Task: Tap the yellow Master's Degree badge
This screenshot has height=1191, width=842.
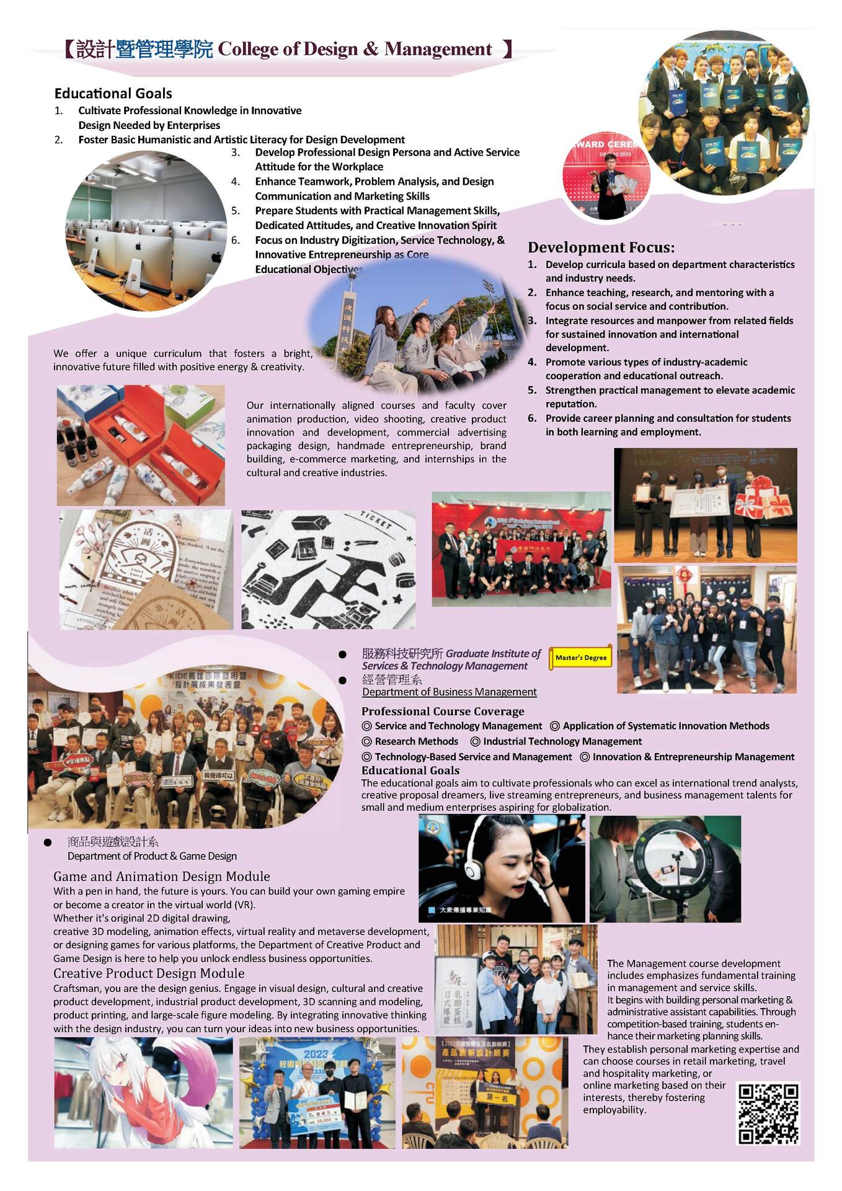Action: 580,658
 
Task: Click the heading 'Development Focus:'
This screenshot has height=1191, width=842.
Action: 601,248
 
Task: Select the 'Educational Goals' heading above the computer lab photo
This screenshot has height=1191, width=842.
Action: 113,94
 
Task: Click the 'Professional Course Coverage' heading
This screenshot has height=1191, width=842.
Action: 443,711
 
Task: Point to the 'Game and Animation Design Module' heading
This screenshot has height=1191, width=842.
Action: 161,876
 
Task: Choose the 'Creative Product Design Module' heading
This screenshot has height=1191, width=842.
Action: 149,973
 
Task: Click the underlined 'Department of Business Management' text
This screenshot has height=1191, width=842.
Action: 449,692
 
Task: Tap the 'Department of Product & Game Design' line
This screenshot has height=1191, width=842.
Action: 152,856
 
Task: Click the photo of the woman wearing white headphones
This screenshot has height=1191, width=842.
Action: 501,868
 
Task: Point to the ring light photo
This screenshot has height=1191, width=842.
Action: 665,868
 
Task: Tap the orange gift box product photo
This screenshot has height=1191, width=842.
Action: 141,445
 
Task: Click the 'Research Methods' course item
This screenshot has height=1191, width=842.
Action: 416,741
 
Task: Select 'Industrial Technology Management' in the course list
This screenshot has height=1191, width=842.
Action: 562,741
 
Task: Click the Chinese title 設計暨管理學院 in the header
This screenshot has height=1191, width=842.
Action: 144,49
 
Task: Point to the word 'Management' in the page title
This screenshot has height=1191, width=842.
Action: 438,49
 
